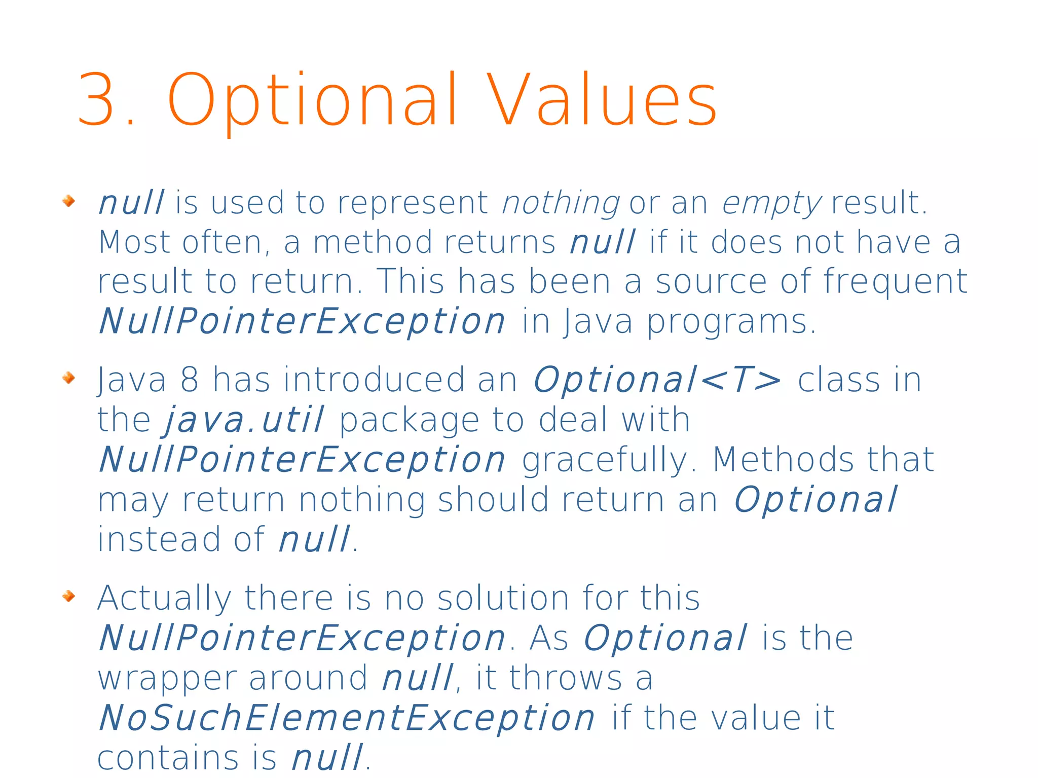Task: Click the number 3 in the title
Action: (x=96, y=99)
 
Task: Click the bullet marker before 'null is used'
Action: (x=68, y=201)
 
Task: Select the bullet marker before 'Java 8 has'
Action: (x=68, y=378)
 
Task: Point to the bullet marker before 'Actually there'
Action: (x=68, y=596)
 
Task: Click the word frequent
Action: (x=895, y=282)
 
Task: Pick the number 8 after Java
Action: (x=189, y=380)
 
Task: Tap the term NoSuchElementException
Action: (x=347, y=718)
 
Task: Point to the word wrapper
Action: (x=167, y=679)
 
